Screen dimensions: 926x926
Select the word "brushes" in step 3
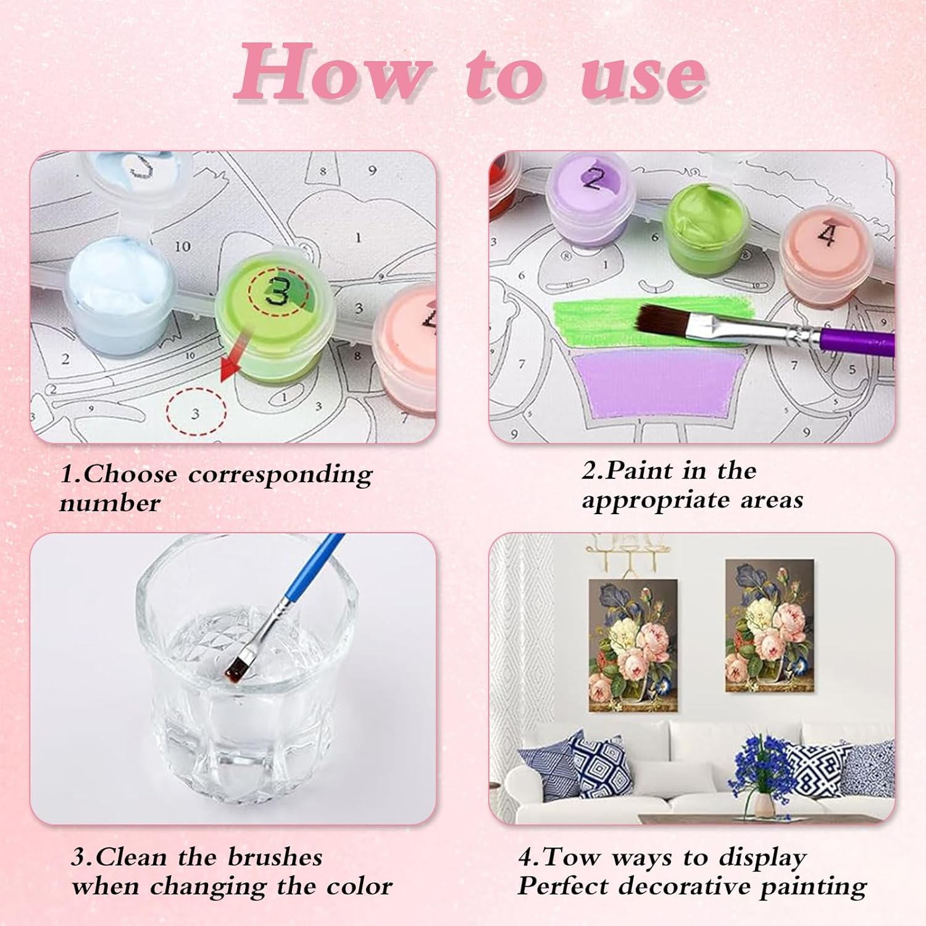coord(275,857)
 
